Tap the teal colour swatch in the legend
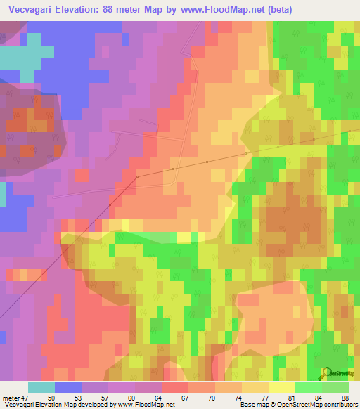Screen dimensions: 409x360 (x=41, y=387)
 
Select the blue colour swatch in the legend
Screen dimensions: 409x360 (x=68, y=387)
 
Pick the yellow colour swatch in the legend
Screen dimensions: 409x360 (x=282, y=387)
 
